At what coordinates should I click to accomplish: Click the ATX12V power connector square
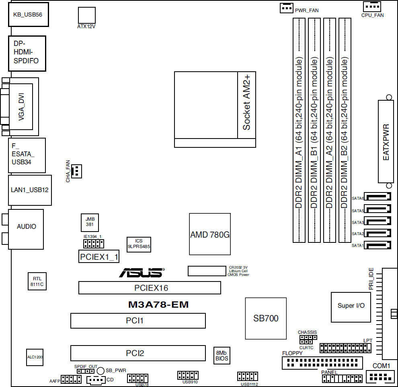pyautogui.click(x=87, y=15)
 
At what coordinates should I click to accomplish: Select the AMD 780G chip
pyautogui.click(x=210, y=234)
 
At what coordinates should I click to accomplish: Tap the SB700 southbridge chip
pyautogui.click(x=266, y=319)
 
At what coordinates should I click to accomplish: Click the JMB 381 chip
pyautogui.click(x=90, y=222)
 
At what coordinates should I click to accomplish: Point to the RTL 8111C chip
pyautogui.click(x=37, y=281)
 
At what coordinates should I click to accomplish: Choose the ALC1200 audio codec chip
pyautogui.click(x=35, y=357)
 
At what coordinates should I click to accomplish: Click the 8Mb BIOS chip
pyautogui.click(x=222, y=356)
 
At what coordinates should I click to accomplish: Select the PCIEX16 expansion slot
pyautogui.click(x=150, y=288)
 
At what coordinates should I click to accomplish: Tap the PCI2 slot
pyautogui.click(x=138, y=353)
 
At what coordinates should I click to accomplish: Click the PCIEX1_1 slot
pyautogui.click(x=99, y=257)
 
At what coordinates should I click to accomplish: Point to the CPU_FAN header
pyautogui.click(x=372, y=6)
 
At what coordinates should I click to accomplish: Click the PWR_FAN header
pyautogui.click(x=287, y=8)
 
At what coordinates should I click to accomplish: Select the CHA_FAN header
pyautogui.click(x=76, y=171)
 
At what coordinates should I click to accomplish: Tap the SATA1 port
pyautogui.click(x=377, y=245)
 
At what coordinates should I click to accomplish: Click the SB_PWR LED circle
pyautogui.click(x=101, y=371)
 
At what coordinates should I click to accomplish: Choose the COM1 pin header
pyautogui.click(x=380, y=377)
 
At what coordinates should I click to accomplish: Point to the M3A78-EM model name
pyautogui.click(x=158, y=304)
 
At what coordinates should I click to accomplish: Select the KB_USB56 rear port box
pyautogui.click(x=29, y=14)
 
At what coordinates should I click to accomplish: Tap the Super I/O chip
pyautogui.click(x=351, y=307)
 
